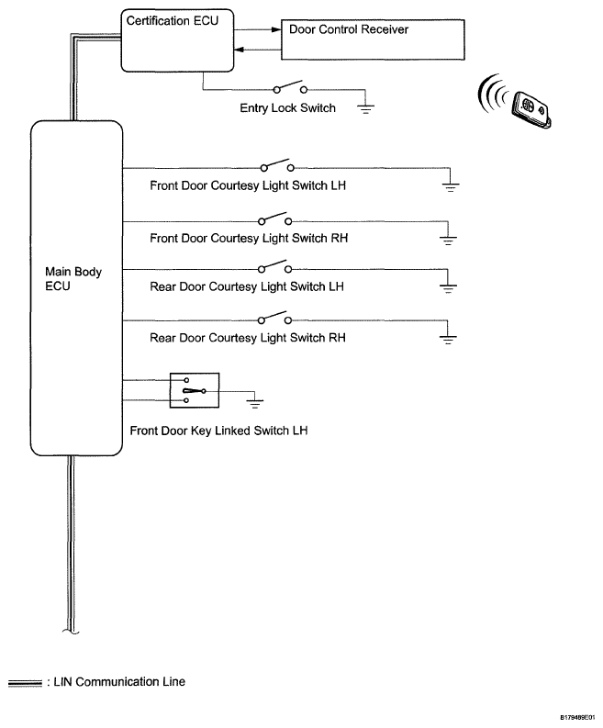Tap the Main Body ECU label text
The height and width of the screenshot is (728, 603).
tap(65, 278)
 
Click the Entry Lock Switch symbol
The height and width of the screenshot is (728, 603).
tap(290, 90)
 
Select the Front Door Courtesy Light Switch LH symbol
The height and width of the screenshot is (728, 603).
tap(276, 167)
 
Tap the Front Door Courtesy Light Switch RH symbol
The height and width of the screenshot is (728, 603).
tap(276, 220)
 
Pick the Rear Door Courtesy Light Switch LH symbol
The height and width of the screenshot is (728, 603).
tap(276, 269)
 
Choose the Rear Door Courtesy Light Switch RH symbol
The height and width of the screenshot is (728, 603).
tap(276, 319)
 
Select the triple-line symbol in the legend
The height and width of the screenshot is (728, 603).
tap(24, 682)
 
